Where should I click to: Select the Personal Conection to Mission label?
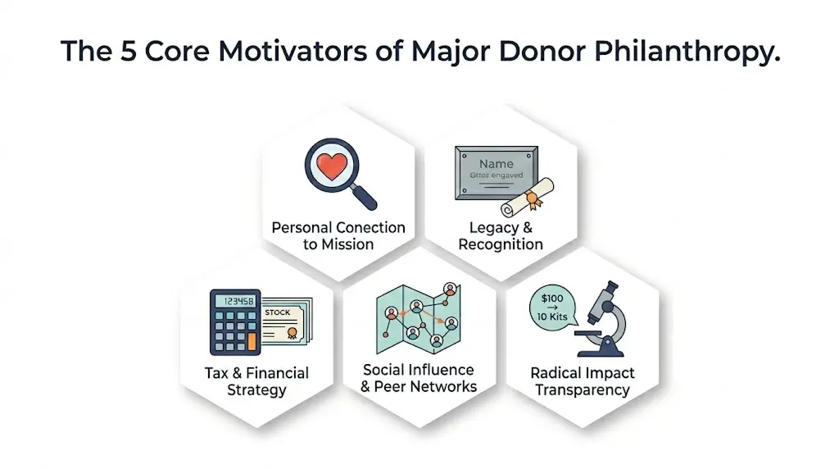click(x=338, y=235)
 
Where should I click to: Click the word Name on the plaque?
click(x=497, y=164)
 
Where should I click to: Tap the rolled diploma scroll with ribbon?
click(x=528, y=199)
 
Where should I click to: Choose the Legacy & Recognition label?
click(x=501, y=235)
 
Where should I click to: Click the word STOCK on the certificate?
click(x=278, y=312)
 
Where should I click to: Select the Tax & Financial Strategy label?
click(x=256, y=381)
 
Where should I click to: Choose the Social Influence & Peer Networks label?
click(x=419, y=378)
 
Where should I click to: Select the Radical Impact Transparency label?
click(x=583, y=381)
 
